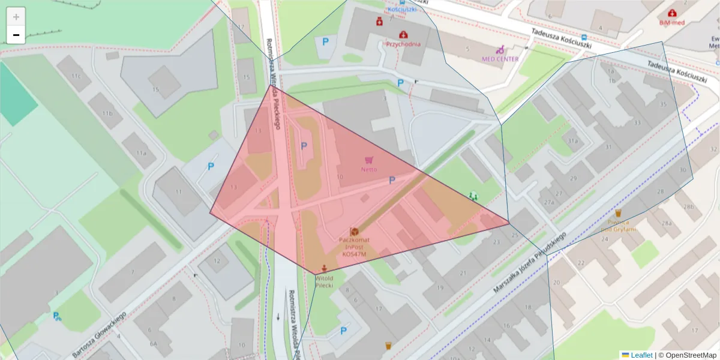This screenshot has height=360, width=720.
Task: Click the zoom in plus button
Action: [16, 17]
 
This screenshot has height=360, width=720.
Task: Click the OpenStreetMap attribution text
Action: [687, 355]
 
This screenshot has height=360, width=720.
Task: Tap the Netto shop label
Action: [369, 169]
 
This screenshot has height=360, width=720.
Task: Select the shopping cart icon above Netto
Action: [369, 160]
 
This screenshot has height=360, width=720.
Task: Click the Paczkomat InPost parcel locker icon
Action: [355, 232]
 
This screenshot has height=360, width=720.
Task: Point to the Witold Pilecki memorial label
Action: [325, 282]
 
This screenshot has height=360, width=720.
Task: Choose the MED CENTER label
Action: [500, 59]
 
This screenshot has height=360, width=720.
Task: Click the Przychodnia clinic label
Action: [403, 44]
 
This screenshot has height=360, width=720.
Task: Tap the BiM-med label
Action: [671, 23]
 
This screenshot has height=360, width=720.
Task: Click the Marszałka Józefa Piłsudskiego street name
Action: [530, 263]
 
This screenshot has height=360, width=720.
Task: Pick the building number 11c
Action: [76, 77]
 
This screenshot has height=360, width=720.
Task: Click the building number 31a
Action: [573, 141]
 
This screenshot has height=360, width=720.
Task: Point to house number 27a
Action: [548, 202]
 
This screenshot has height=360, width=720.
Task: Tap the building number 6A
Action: [154, 344]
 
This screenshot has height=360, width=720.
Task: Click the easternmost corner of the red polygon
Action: [509, 223]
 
